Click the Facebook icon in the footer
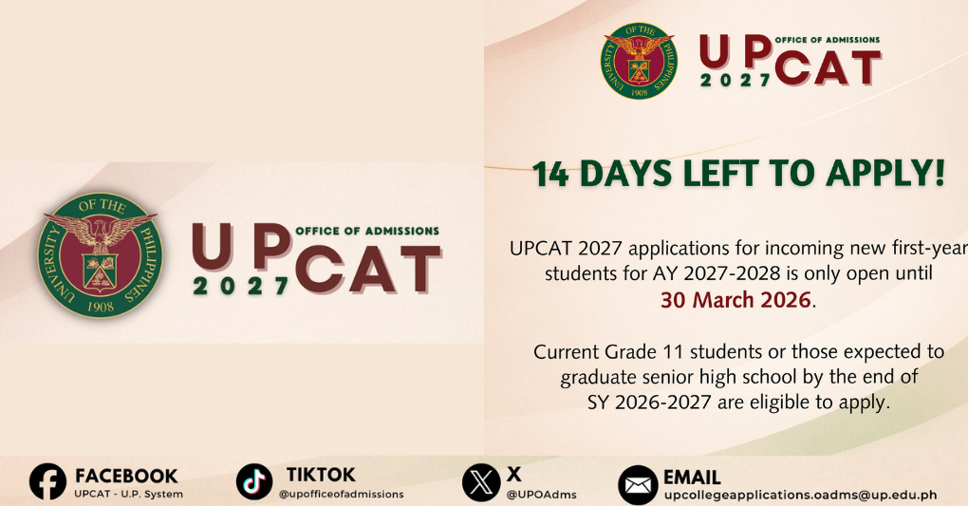pos(48,482)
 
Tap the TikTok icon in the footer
pos(254,482)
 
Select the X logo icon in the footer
pos(481,482)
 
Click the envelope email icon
pos(638,485)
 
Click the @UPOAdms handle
pos(541,495)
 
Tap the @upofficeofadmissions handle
pos(341,495)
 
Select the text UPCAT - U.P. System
pos(128,495)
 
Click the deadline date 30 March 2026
pos(736,301)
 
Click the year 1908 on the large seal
pos(99,306)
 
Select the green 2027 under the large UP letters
pos(241,286)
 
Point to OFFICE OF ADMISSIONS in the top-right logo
pos(827,40)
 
